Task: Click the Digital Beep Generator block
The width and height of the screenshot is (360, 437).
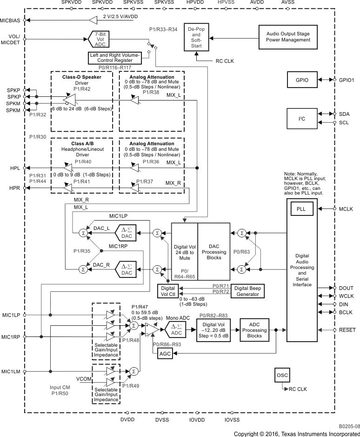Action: [x=247, y=291]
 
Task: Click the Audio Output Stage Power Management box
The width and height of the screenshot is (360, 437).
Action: [x=288, y=37]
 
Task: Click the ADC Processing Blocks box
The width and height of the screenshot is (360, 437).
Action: [x=254, y=329]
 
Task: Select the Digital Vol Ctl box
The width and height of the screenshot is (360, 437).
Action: [x=167, y=291]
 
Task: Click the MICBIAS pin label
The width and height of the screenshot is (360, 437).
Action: [x=11, y=20]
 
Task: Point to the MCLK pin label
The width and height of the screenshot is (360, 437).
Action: [x=347, y=208]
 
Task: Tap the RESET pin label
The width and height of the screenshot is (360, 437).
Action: [x=347, y=329]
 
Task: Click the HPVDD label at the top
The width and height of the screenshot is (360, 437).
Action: [x=194, y=3]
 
